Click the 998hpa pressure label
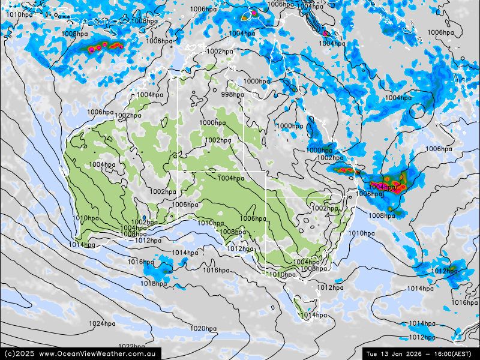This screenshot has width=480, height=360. click(232, 94)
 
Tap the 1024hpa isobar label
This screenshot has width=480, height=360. click(102, 324)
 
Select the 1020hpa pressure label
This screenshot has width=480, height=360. click(203, 328)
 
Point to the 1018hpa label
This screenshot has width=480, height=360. click(154, 283)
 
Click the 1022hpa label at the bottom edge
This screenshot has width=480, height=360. click(131, 346)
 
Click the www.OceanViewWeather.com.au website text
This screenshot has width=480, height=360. click(98, 354)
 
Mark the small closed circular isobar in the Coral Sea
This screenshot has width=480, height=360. click(418, 110)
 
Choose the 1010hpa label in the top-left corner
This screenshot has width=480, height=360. click(19, 14)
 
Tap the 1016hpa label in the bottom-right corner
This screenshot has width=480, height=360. click(464, 302)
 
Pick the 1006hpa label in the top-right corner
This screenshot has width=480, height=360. click(440, 32)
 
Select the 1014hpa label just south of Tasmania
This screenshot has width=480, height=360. click(313, 315)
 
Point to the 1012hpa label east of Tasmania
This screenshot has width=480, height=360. click(330, 288)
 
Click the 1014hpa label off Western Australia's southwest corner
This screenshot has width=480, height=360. click(82, 244)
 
